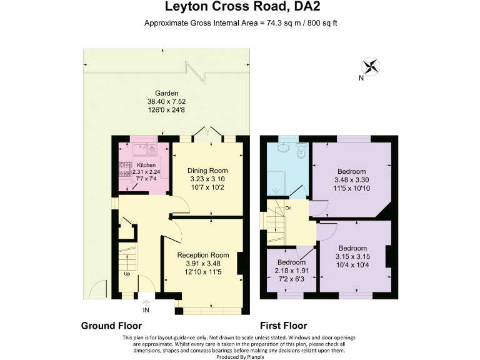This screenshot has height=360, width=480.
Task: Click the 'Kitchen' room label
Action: click(146, 165)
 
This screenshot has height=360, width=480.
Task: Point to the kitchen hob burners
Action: click(122, 170)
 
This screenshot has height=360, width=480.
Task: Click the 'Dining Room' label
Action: click(207, 171)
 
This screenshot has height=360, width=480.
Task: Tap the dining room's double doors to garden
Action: click(207, 133)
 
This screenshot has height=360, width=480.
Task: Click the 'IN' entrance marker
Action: click(146, 310)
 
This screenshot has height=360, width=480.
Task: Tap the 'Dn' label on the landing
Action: click(288, 207)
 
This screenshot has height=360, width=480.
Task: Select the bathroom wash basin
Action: click(282, 149)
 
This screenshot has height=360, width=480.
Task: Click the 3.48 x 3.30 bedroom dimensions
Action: click(351, 180)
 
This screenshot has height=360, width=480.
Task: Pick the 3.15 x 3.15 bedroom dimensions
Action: click(352, 256)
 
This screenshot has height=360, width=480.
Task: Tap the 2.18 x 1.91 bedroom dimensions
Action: click(292, 271)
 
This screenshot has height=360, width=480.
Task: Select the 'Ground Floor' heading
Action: click(111, 326)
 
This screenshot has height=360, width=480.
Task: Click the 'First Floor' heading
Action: click(283, 326)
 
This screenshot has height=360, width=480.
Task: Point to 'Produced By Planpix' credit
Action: click(241, 356)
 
